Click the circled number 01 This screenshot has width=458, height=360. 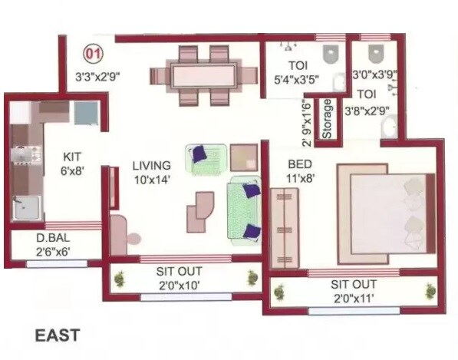click(93, 54)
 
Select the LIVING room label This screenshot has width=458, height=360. click(150, 165)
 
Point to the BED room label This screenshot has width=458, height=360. click(299, 164)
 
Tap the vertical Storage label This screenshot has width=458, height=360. click(328, 119)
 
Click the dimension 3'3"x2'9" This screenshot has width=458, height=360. click(99, 77)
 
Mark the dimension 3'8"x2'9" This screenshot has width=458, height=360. click(366, 111)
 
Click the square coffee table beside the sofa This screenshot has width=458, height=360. click(245, 157)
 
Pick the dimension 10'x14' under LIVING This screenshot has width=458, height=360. click(150, 180)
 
